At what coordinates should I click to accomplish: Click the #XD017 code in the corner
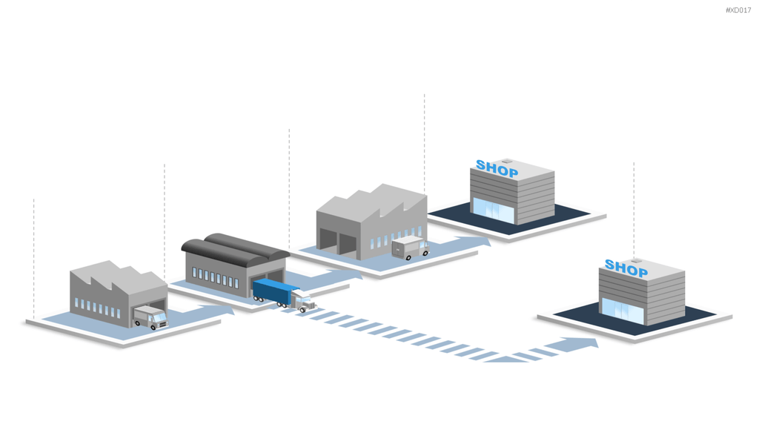click(738, 10)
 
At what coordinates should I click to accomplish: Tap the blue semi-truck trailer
click(273, 291)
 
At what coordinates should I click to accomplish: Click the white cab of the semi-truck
click(303, 300)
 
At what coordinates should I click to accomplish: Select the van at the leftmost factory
click(150, 317)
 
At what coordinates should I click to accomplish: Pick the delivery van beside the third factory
click(410, 248)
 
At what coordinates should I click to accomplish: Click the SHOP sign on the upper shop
click(497, 168)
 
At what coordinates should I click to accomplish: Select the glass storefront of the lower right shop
click(623, 311)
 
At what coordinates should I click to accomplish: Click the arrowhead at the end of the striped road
click(583, 343)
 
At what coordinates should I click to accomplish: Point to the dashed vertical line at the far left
click(34, 259)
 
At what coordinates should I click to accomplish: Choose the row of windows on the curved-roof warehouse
click(216, 278)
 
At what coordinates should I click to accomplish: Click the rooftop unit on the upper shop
click(506, 161)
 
